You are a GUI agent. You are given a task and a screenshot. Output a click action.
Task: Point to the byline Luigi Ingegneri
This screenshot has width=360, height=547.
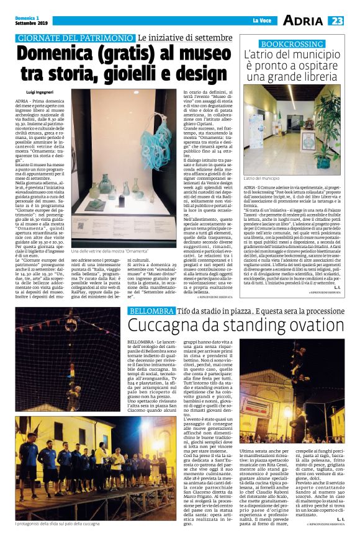click(x=39, y=91)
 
